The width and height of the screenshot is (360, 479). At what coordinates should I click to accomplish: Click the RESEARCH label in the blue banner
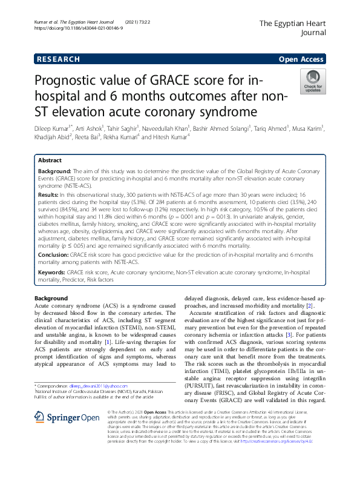coord(58,59)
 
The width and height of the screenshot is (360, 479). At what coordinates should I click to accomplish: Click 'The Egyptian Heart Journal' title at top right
coord(292,28)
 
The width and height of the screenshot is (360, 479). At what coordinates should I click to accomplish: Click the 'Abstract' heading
coord(50,161)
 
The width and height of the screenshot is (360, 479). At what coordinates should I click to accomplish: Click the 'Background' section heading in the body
coord(51,299)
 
